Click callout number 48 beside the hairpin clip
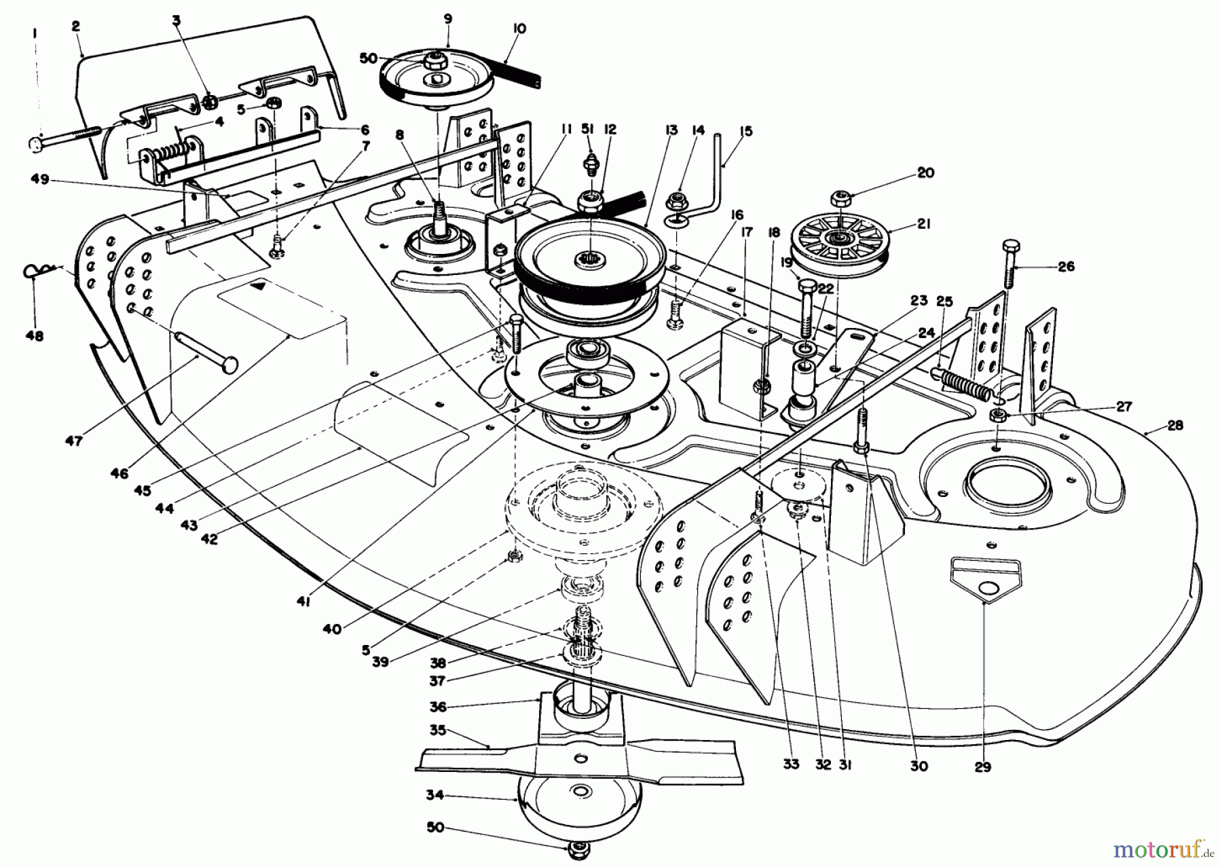tap(34, 335)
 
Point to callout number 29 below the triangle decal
tap(982, 768)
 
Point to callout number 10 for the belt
tap(519, 29)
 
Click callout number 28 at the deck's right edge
tap(1174, 425)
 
